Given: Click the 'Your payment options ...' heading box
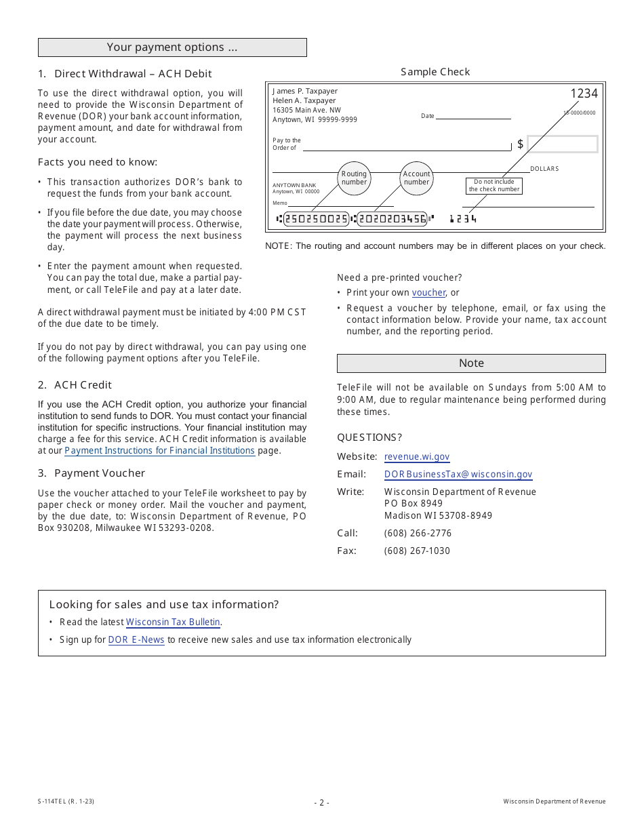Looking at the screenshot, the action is click(x=172, y=47).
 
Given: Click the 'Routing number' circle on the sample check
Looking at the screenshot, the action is click(x=354, y=178).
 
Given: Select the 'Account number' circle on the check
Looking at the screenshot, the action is click(x=416, y=178).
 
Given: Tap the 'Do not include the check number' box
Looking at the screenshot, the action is click(x=494, y=186).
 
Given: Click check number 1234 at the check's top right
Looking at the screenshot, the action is click(x=584, y=94).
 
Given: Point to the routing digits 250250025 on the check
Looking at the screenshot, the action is click(x=316, y=219).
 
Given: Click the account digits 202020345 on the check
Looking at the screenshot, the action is click(x=393, y=219).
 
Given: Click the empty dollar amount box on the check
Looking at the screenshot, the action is click(x=562, y=144).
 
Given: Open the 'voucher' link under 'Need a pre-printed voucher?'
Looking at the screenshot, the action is click(x=428, y=293).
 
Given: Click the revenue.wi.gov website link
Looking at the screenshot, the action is click(x=417, y=457).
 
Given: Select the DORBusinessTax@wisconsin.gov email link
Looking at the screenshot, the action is click(x=458, y=475).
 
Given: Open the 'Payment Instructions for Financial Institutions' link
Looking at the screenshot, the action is click(x=160, y=451).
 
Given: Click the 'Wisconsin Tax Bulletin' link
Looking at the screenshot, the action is click(x=174, y=622).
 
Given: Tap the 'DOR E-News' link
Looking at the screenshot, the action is click(x=136, y=639).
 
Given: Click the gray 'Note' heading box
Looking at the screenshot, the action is click(x=471, y=363).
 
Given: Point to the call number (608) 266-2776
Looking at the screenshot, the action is click(x=418, y=533).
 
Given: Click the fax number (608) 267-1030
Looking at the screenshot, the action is click(x=417, y=551).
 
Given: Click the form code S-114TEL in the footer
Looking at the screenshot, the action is click(x=66, y=801).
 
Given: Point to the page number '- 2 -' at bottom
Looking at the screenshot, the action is click(x=322, y=803).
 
